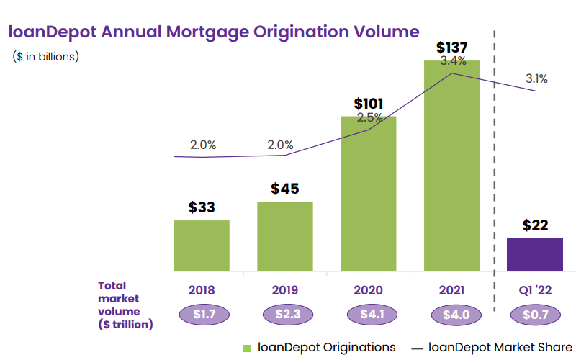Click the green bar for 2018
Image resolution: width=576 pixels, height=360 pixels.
click(202, 246)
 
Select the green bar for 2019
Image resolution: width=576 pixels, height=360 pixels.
click(284, 236)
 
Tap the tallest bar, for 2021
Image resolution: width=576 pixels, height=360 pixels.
click(451, 166)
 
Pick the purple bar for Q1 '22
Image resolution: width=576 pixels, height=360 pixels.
click(535, 254)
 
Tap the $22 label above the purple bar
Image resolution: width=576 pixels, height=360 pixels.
click(535, 225)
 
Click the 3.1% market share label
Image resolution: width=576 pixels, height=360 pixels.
click(536, 78)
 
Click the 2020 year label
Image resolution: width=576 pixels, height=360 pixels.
click(368, 291)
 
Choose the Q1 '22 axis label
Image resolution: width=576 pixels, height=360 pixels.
click(535, 291)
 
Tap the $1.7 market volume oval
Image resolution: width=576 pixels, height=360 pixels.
click(202, 315)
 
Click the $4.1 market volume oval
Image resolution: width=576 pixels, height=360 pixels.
click(368, 315)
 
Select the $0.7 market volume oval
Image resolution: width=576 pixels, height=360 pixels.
click(535, 315)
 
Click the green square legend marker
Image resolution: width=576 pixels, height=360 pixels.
click(247, 348)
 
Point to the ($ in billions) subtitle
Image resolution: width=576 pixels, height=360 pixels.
click(46, 56)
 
